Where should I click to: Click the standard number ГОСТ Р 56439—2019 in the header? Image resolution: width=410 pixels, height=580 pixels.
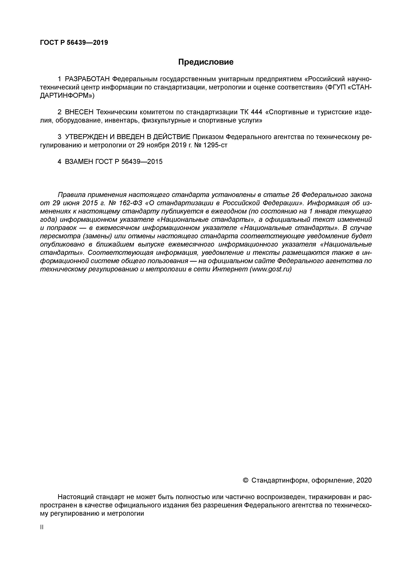click(x=74, y=43)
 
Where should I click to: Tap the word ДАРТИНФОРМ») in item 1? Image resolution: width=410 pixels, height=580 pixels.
click(x=67, y=96)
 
